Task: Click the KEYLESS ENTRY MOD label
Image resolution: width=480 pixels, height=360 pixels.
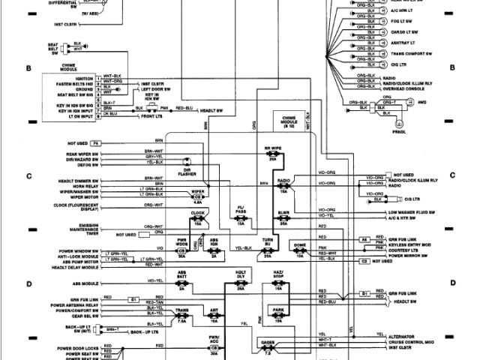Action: pyautogui.click(x=412, y=244)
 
